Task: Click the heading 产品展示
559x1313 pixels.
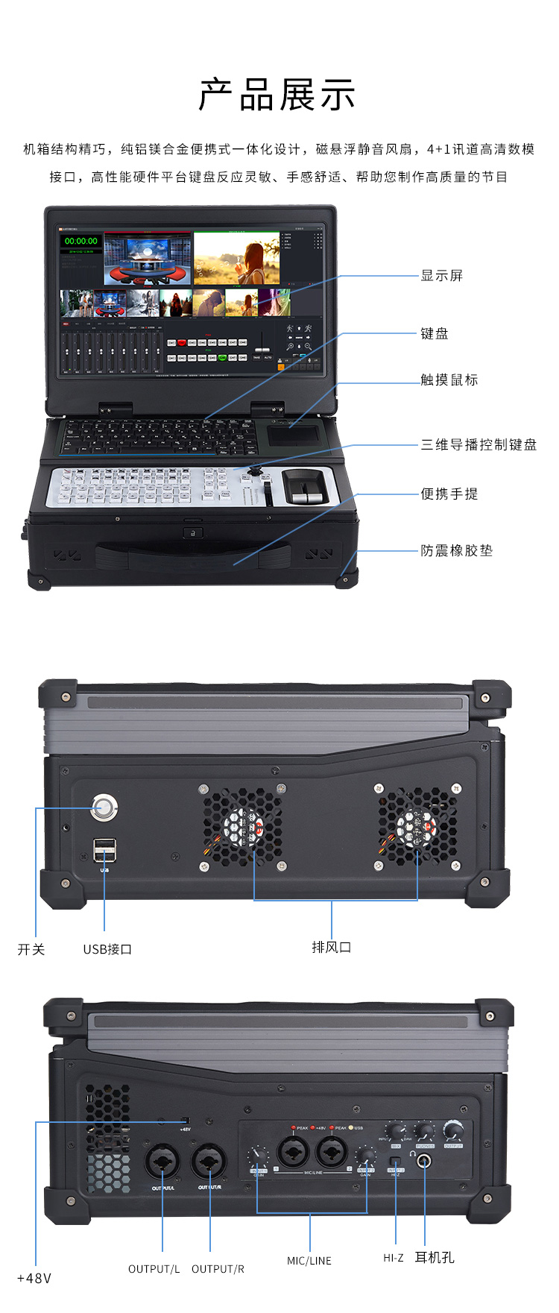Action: [277, 95]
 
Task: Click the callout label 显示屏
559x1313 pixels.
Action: [442, 276]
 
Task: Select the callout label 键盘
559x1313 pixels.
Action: [435, 333]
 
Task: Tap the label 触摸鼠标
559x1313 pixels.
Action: [449, 380]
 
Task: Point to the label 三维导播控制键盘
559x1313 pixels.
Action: [479, 445]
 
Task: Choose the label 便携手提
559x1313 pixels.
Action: [449, 494]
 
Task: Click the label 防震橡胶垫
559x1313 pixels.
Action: [457, 551]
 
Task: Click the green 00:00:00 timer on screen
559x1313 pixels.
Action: [80, 241]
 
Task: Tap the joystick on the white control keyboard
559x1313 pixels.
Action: [256, 472]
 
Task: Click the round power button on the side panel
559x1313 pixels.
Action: [104, 807]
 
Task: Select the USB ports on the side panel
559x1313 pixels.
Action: [105, 849]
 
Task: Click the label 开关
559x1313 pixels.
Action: [31, 949]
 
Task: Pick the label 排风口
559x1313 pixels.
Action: [332, 947]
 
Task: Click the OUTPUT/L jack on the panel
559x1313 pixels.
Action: [162, 1162]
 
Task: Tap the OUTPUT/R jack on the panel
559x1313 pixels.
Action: [209, 1162]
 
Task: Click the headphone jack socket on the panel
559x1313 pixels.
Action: [424, 1161]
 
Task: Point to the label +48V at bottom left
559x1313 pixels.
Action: [34, 1278]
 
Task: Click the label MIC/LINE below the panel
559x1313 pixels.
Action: [309, 1261]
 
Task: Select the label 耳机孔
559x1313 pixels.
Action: [435, 1257]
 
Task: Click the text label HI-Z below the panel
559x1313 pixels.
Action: [394, 1258]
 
